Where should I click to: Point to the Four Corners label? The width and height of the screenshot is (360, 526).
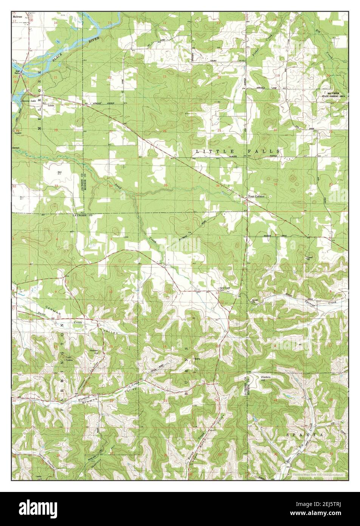[256, 196]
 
